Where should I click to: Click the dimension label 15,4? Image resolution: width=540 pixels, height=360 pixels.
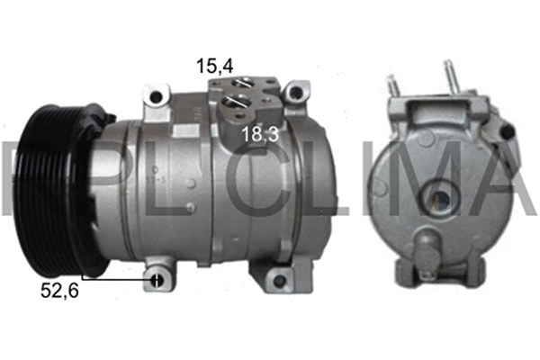click(x=215, y=65)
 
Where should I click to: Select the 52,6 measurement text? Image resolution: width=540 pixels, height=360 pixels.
click(x=59, y=290)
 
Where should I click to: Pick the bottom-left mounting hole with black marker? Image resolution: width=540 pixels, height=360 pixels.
click(x=157, y=277)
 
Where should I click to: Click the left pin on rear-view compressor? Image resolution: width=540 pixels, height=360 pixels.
click(x=392, y=86)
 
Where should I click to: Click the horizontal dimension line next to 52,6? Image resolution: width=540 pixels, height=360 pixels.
click(x=117, y=277)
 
